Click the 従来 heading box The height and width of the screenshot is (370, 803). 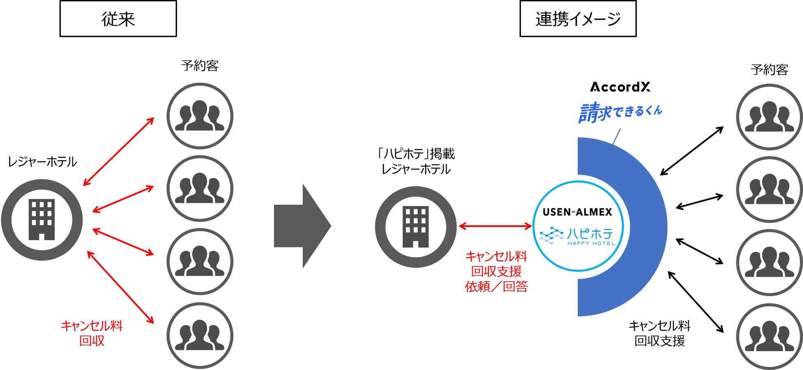[118, 19]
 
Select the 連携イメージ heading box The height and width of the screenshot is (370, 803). [578, 19]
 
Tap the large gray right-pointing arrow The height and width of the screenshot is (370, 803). [303, 226]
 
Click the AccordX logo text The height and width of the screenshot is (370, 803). [620, 87]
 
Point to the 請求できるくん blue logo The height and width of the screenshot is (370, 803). [620, 112]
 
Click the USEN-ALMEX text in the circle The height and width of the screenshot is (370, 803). [577, 212]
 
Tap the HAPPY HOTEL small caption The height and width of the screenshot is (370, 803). [591, 243]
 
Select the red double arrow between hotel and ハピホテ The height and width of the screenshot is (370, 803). [495, 226]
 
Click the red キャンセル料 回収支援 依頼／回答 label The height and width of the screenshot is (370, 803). [496, 271]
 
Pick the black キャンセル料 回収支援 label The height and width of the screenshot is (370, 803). [659, 333]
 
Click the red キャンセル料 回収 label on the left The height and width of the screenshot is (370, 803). [92, 333]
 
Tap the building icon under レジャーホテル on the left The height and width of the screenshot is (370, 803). [42, 220]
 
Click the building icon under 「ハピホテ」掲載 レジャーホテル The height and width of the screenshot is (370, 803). [416, 227]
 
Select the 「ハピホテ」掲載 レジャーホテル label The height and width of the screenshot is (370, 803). [416, 162]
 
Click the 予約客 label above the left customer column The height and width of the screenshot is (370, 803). [200, 66]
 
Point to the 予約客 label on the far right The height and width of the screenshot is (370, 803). [769, 69]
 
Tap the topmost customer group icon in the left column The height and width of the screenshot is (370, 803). [200, 116]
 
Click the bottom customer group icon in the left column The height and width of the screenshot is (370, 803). [200, 335]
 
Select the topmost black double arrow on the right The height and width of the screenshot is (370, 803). [692, 151]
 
